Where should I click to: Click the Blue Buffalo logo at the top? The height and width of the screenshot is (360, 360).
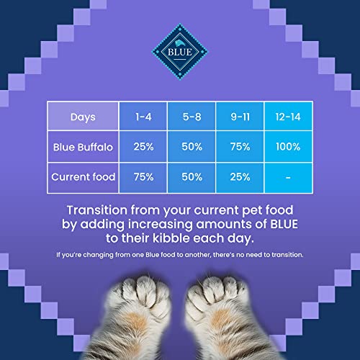pyautogui.click(x=179, y=52)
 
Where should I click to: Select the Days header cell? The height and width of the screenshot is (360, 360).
pyautogui.click(x=83, y=116)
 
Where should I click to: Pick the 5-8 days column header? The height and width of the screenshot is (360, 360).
pyautogui.click(x=192, y=116)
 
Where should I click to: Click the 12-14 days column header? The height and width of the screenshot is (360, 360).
pyautogui.click(x=288, y=116)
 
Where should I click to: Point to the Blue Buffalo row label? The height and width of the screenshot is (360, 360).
pyautogui.click(x=83, y=147)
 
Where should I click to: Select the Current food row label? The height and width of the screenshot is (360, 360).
pyautogui.click(x=83, y=177)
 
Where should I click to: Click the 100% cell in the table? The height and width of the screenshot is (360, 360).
pyautogui.click(x=288, y=147)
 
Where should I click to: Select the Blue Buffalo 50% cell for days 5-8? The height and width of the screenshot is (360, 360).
pyautogui.click(x=192, y=147)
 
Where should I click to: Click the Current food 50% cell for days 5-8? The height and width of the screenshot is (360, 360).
pyautogui.click(x=192, y=177)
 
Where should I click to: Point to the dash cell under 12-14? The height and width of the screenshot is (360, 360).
pyautogui.click(x=288, y=177)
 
